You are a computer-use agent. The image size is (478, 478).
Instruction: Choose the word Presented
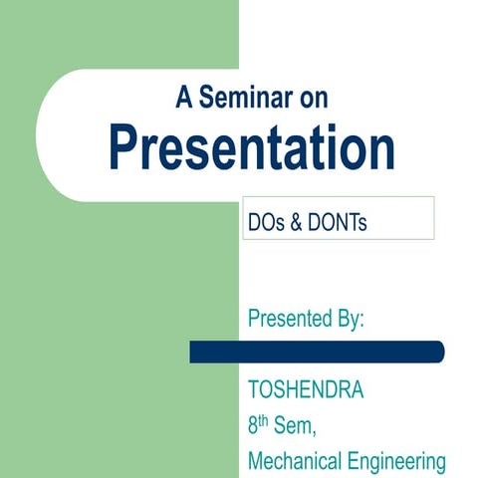click(291, 320)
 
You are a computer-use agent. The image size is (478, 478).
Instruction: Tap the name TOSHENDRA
click(306, 389)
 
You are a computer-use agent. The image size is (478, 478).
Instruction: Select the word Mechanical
click(293, 461)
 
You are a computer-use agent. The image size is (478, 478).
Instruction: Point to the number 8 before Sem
click(254, 425)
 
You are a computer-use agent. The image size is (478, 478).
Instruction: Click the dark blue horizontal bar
click(317, 352)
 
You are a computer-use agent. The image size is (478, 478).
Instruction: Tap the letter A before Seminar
click(183, 98)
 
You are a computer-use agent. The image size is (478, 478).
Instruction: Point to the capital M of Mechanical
click(257, 461)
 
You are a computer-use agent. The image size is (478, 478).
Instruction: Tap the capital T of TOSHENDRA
click(254, 389)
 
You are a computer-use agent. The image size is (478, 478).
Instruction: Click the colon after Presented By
click(362, 322)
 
